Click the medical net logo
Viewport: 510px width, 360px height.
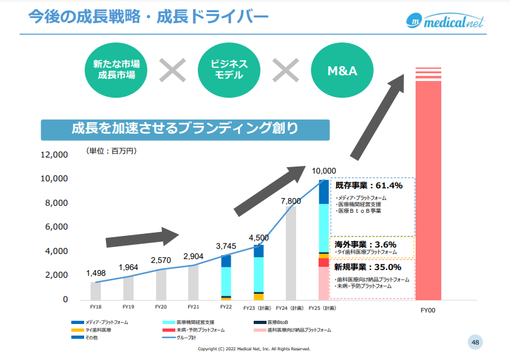click(444, 21)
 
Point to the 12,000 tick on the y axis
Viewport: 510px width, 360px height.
click(54, 155)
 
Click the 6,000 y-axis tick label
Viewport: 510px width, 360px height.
click(57, 227)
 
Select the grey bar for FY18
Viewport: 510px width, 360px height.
click(96, 291)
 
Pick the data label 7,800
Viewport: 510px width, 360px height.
click(291, 201)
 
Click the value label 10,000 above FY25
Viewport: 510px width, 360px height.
click(324, 170)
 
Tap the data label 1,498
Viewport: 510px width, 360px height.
click(96, 273)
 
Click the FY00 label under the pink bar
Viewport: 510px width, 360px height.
click(428, 310)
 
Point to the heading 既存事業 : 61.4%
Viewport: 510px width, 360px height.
click(369, 186)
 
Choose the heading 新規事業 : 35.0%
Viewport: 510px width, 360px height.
click(368, 267)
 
